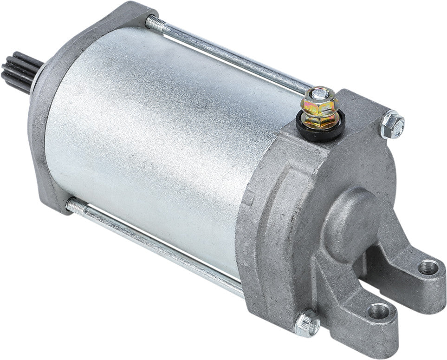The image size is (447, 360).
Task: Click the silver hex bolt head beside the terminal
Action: tap(392, 124)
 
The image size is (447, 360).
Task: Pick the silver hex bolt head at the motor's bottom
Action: tap(307, 322)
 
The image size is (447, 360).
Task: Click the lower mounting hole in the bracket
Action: tap(379, 310)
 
